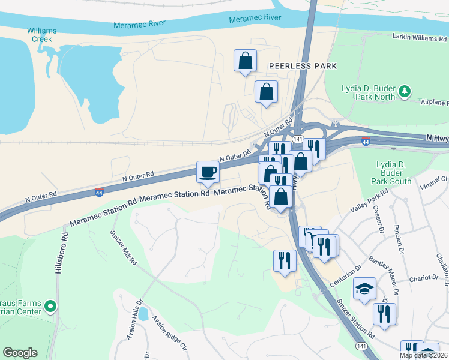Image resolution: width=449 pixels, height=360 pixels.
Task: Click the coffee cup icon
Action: (x=208, y=172)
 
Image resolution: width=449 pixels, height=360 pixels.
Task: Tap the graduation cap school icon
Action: (x=364, y=289)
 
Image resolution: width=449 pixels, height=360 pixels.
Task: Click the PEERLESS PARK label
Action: (x=303, y=65)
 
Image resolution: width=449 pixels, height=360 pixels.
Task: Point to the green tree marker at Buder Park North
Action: (x=406, y=91)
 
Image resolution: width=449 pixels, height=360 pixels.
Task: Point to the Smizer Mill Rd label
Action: (x=124, y=246)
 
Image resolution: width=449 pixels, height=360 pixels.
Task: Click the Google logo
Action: (x=20, y=353)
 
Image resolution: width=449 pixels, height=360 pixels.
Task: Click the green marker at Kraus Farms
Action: (x=51, y=307)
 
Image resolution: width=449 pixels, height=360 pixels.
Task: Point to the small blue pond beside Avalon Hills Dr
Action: (x=144, y=314)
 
